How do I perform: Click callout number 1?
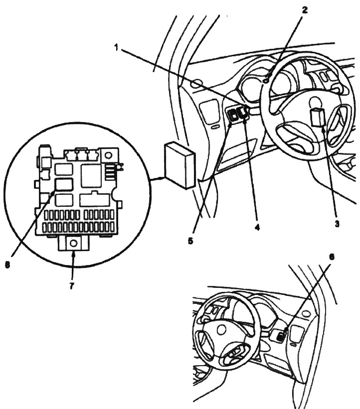click(x=116, y=48)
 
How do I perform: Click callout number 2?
click(x=305, y=10)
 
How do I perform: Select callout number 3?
click(x=337, y=224)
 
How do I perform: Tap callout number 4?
click(x=257, y=228)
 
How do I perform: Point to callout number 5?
click(x=190, y=241)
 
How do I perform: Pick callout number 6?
click(x=331, y=257)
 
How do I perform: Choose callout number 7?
click(x=71, y=286)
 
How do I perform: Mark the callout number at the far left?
click(x=7, y=265)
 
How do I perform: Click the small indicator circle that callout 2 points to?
click(x=266, y=81)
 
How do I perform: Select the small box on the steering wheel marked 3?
click(x=318, y=118)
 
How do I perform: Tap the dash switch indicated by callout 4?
click(x=243, y=114)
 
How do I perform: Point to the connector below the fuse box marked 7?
click(x=74, y=244)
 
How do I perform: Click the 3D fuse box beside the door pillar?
click(x=180, y=165)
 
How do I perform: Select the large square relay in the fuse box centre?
click(x=91, y=176)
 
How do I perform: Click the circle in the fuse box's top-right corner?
click(x=108, y=156)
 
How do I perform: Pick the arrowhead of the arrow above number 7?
click(x=73, y=254)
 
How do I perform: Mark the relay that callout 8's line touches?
click(x=64, y=184)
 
